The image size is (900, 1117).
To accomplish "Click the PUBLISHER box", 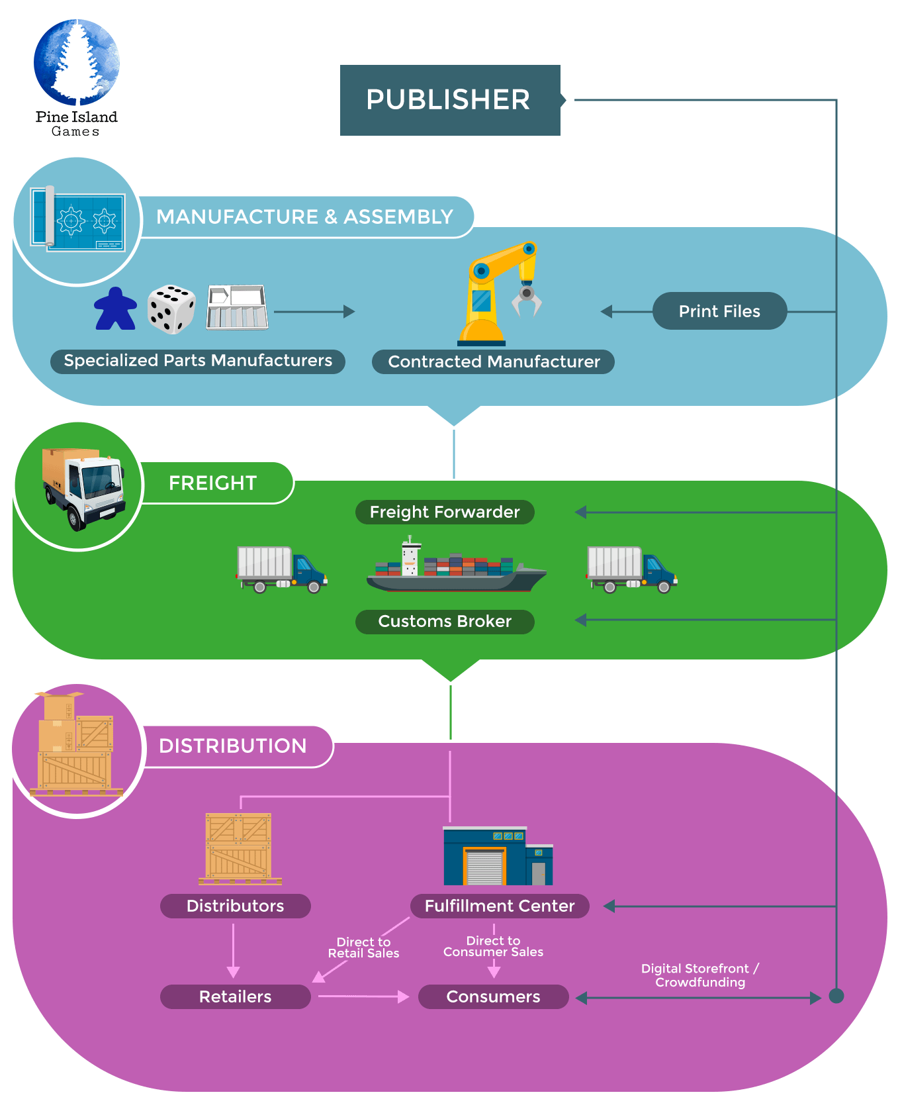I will tap(450, 100).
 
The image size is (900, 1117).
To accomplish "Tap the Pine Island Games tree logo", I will tap(77, 63).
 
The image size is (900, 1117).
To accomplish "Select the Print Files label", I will tap(719, 311).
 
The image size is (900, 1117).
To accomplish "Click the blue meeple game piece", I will tap(116, 309).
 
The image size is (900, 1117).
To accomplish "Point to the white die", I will tap(171, 309).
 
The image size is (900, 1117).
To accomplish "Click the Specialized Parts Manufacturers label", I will tap(198, 361).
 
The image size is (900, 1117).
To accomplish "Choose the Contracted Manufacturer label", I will tap(494, 362).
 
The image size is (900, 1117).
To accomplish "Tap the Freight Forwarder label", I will tap(445, 512).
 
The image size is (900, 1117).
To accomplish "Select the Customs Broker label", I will tap(445, 622).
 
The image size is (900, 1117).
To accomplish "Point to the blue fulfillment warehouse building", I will tap(498, 857).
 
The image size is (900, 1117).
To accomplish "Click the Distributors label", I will tap(235, 906).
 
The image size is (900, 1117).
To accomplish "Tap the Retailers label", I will tap(235, 996).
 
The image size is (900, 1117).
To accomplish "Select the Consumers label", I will tap(493, 996).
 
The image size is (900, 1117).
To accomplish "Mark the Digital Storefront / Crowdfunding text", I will tap(700, 975).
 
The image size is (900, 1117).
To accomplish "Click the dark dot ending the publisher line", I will tap(836, 996).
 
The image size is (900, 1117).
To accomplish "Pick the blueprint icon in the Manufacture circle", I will tap(78, 219).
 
